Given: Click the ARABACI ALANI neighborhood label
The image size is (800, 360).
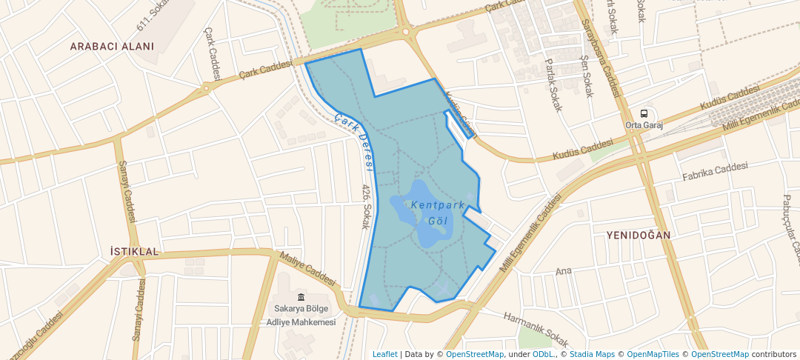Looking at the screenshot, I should [x=112, y=47].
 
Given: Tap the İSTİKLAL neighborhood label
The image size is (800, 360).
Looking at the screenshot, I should [x=134, y=252].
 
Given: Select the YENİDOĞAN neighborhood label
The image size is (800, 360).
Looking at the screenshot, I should [x=638, y=235].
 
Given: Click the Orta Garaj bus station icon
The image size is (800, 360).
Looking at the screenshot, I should [x=644, y=113].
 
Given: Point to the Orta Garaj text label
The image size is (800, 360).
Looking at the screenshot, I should [x=644, y=124].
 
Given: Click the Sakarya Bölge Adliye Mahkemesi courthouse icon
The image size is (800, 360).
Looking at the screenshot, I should [x=301, y=297].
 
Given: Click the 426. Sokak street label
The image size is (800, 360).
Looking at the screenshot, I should [x=365, y=207].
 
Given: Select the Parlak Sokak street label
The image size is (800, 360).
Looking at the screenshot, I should [x=553, y=85].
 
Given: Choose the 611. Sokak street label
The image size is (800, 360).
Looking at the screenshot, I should [x=153, y=16].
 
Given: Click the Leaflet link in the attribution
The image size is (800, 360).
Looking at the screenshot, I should [x=384, y=354].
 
